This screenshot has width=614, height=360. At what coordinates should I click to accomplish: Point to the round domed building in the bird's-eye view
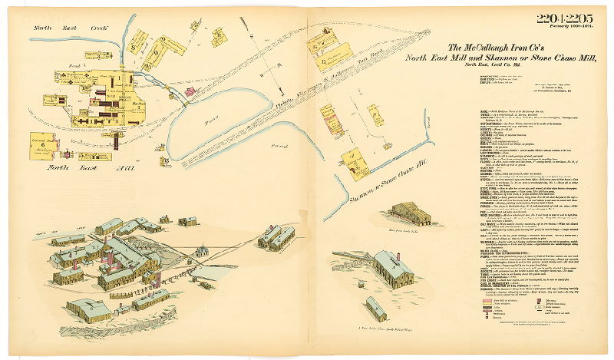click(x=202, y=251)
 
